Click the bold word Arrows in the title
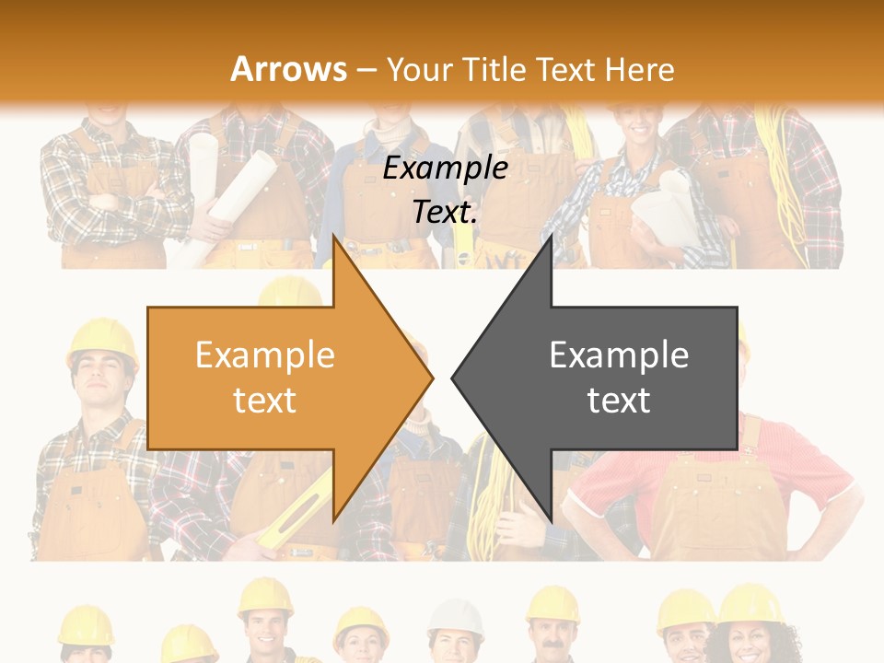pos(289,69)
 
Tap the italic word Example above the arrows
pos(445,168)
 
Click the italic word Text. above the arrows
pos(445,212)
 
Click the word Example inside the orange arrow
pos(265,355)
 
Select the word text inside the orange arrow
pos(265,401)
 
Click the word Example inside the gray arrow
pos(619,355)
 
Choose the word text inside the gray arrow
pos(619,401)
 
